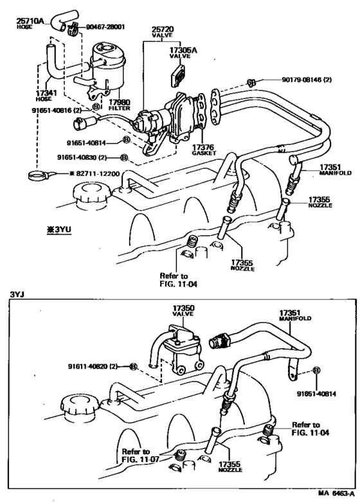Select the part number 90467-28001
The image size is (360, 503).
pyautogui.click(x=103, y=28)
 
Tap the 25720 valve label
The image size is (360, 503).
pyautogui.click(x=163, y=30)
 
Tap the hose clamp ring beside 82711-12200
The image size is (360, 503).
pyautogui.click(x=38, y=173)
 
